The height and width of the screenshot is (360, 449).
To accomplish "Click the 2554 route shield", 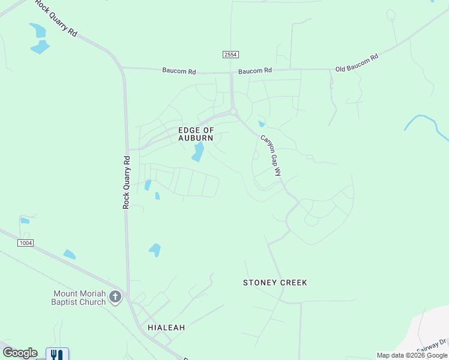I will [231, 55].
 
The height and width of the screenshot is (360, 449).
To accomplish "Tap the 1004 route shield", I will [25, 243].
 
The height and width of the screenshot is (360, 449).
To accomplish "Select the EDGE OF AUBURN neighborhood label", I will [196, 134].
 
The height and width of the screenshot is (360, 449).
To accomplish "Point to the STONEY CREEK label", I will [275, 282].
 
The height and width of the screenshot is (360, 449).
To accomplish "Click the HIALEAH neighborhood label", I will [166, 328].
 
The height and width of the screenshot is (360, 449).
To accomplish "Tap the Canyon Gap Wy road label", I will [270, 155].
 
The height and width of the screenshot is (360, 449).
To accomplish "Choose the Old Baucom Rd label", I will [357, 63].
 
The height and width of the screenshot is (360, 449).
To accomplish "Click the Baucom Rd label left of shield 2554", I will [179, 71].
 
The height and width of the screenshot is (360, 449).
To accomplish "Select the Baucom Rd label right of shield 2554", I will [255, 71].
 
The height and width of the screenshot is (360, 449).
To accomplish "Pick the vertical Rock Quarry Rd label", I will [127, 182].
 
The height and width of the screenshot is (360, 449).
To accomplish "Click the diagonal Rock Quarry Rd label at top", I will [56, 19].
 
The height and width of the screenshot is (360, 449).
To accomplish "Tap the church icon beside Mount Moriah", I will [115, 297].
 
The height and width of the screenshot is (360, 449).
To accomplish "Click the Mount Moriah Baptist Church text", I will [79, 298].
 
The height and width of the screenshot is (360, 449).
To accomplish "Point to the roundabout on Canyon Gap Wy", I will [234, 112].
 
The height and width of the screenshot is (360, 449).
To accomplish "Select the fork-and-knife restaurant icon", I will [57, 355].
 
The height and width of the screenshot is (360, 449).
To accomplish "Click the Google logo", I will [20, 353].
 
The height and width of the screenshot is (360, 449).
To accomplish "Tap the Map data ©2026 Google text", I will [411, 355].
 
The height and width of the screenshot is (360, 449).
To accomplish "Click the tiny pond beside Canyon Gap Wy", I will [261, 124].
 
